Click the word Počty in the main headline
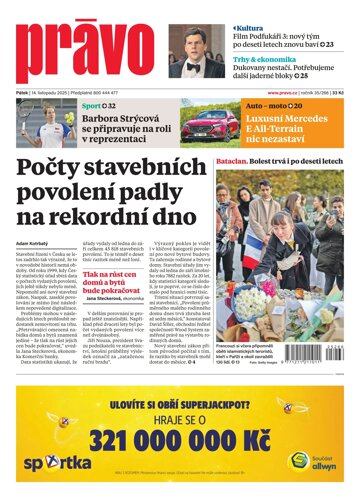click(64, 168)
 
